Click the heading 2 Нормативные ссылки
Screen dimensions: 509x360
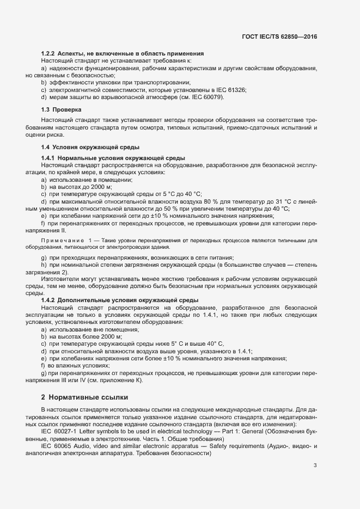click(x=82, y=396)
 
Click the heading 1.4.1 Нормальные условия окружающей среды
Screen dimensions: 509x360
click(x=115, y=157)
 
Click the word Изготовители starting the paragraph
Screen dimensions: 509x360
click(x=59, y=279)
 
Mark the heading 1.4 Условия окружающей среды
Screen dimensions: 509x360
click(x=90, y=147)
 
